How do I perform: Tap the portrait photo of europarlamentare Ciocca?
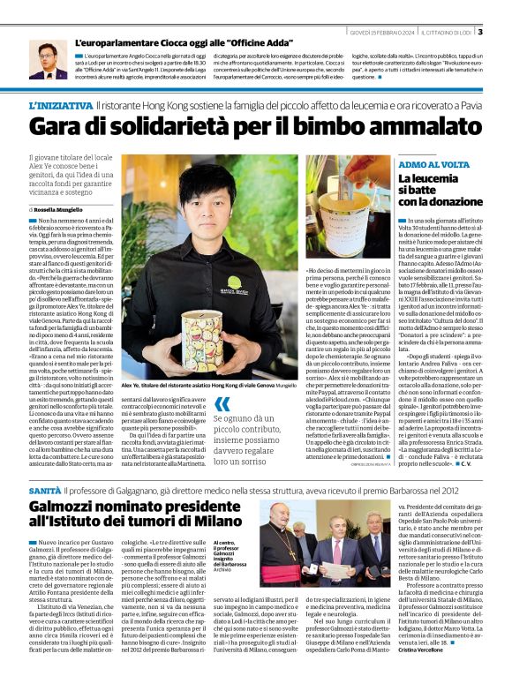click(48, 59)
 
